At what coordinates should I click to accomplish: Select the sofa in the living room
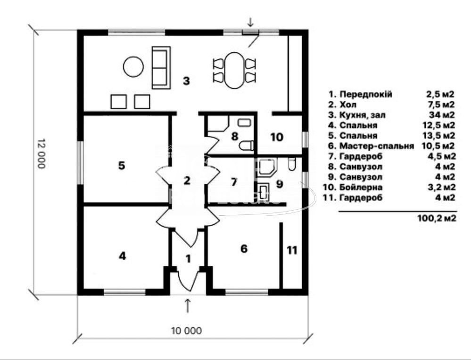tap(161, 67)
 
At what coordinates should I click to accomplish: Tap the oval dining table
tap(234, 70)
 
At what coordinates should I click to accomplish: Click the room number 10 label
tap(277, 137)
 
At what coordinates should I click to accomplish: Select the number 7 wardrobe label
tap(234, 182)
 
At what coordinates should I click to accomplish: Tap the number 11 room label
tap(292, 250)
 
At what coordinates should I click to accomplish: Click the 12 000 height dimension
tap(41, 154)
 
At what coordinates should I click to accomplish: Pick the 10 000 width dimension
tap(187, 331)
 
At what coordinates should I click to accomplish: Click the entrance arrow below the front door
tap(188, 306)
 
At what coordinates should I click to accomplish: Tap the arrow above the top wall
tap(250, 22)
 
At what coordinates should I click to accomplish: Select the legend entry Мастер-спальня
tap(377, 146)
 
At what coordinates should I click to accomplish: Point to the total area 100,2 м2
tap(437, 218)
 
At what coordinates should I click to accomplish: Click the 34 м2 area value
tap(442, 115)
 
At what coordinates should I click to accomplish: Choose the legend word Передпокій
tap(366, 94)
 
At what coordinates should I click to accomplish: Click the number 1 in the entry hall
tap(188, 259)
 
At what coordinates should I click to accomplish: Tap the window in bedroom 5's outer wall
tap(80, 163)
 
